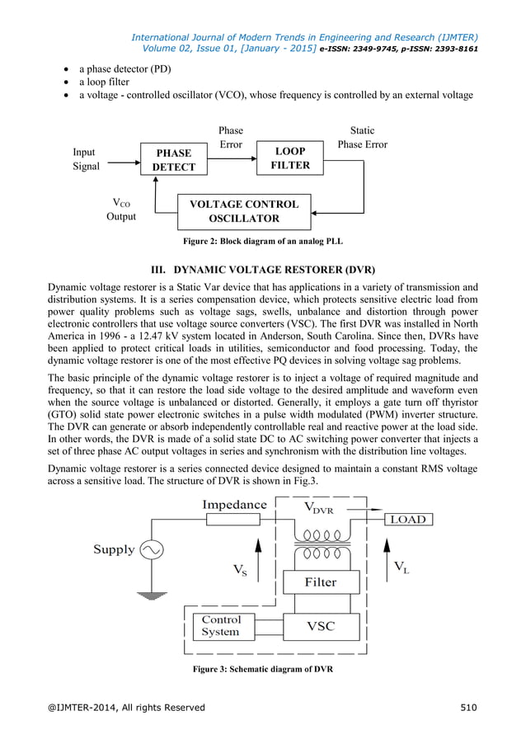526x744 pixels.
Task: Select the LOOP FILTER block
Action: click(x=291, y=158)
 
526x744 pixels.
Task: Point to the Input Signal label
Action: click(x=86, y=159)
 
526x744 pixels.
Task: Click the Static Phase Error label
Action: click(x=362, y=138)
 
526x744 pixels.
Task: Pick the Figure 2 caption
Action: click(x=262, y=241)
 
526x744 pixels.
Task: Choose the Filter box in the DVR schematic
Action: click(x=321, y=582)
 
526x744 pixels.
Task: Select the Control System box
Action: click(x=221, y=625)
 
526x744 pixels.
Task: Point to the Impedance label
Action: click(x=234, y=504)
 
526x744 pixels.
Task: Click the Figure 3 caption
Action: click(x=262, y=668)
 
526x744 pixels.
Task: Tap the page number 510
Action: click(x=467, y=707)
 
